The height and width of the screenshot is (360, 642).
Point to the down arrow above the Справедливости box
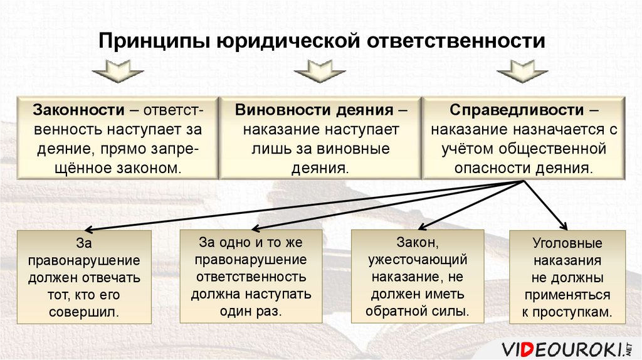(518, 71)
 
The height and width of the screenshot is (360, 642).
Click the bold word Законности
(78, 110)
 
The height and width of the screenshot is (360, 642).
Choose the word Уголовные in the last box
(567, 243)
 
